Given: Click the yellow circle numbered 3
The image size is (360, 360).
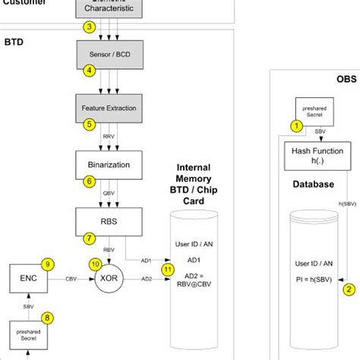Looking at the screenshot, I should pos(90,28).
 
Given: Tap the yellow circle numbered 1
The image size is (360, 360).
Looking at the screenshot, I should pos(296,125).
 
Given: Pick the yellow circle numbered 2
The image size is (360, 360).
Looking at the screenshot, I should pos(349,288).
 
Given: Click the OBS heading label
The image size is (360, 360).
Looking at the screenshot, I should pos(346,79).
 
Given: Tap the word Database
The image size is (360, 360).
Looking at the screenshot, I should pos(313,184).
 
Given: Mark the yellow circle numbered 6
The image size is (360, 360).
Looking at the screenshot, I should pos(90,182).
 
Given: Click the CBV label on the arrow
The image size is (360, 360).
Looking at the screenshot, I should pos(71,279).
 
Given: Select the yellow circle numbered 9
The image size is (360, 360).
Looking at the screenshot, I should pos(48,264).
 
